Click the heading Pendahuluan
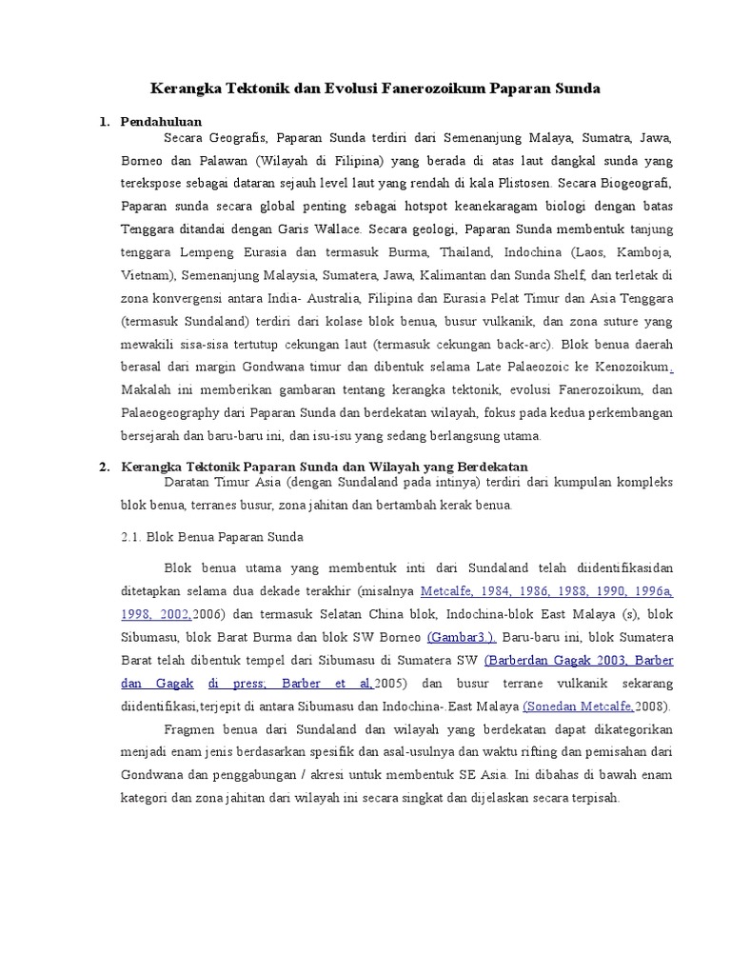162,122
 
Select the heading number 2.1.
132,536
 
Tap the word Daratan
188,482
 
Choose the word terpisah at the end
592,798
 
